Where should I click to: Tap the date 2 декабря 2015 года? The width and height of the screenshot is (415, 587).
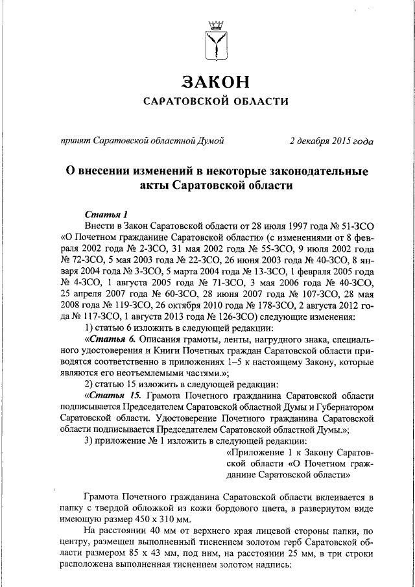[x=331, y=141]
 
